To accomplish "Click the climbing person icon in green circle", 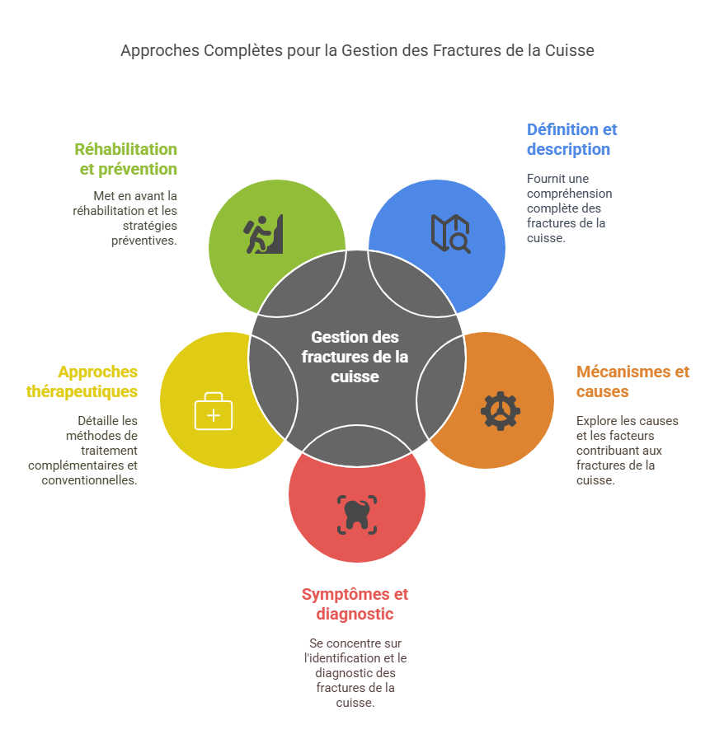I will (263, 236).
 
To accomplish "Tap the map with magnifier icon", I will (451, 232).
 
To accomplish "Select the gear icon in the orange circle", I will (501, 411).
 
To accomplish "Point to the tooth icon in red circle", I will (357, 514).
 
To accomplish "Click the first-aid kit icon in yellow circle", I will (214, 411).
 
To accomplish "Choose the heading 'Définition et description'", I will (571, 139).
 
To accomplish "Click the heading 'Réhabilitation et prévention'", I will (125, 159).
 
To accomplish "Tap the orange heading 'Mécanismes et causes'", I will (632, 381).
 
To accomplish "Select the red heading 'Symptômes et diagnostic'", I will (355, 604).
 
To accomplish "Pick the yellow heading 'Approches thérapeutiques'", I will (82, 381).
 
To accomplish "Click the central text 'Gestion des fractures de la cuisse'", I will (355, 357).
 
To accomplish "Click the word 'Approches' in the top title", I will (158, 50).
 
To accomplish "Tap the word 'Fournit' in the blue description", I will (546, 179).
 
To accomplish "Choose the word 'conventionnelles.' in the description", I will (90, 480).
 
